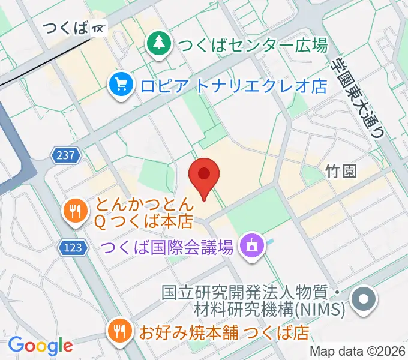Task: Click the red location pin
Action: [203, 176]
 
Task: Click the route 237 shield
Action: [66, 155]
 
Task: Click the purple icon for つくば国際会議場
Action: [249, 245]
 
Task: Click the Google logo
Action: [40, 345]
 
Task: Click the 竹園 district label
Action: [341, 172]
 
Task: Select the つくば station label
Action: [65, 28]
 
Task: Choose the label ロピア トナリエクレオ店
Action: [233, 86]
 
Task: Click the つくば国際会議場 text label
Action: [167, 247]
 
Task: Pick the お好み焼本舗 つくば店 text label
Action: [224, 331]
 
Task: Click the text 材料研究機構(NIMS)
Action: [269, 310]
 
